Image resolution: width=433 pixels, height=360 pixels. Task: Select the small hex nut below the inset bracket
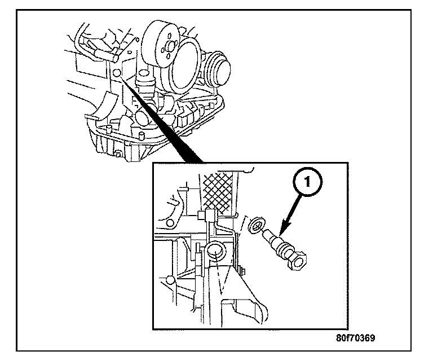241,271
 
